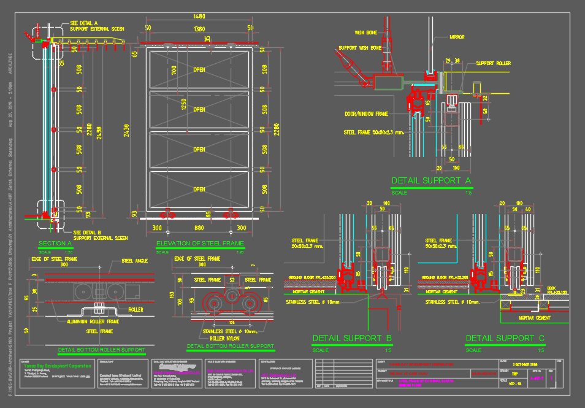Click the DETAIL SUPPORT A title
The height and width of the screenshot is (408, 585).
(x=430, y=181)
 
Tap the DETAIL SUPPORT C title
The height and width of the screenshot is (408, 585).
(x=505, y=338)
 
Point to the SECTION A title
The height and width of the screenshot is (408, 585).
(x=55, y=244)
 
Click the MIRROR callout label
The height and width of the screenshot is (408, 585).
(x=457, y=37)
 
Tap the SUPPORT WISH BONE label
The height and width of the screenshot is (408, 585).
(x=360, y=47)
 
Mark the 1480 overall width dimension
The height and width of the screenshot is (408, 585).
(x=199, y=17)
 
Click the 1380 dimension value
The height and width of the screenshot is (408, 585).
(x=199, y=28)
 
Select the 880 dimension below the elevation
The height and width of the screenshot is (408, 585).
(x=199, y=228)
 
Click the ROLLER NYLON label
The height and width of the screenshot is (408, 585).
(x=225, y=337)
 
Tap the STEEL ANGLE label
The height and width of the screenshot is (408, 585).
(x=135, y=261)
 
